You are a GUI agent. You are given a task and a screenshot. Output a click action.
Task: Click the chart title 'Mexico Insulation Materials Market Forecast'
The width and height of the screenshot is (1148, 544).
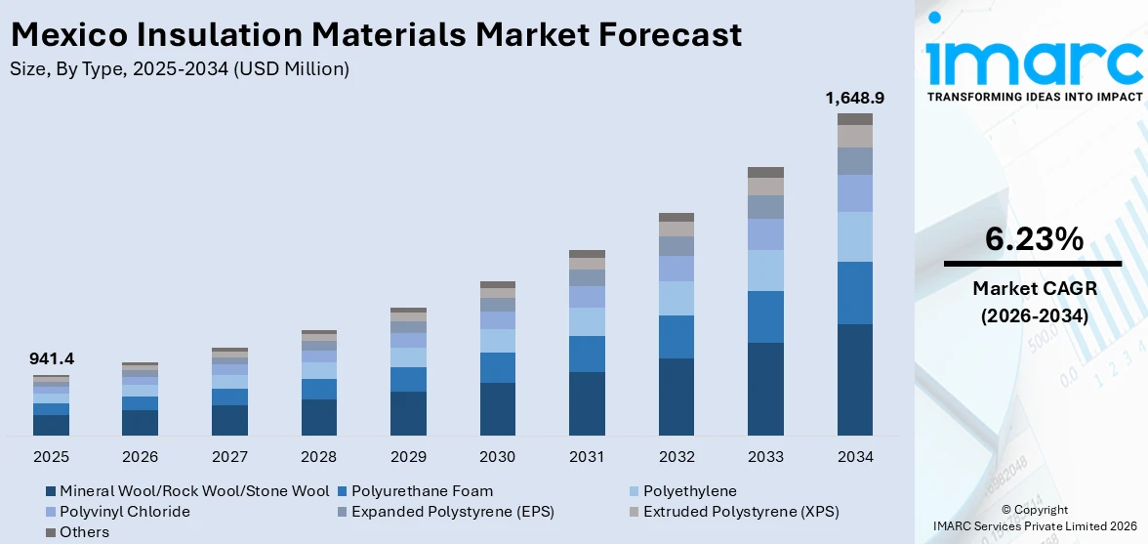(376, 34)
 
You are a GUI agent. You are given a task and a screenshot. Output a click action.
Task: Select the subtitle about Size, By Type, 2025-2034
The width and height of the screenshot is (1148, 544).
(179, 68)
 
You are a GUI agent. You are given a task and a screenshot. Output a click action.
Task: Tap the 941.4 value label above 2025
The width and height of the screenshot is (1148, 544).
(52, 359)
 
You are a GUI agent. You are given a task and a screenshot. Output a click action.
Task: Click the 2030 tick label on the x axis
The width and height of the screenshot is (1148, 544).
(498, 456)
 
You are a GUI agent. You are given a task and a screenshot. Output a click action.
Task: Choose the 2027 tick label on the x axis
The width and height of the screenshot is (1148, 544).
(229, 456)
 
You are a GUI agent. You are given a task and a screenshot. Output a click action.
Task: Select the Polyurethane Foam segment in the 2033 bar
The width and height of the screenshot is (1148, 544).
(765, 316)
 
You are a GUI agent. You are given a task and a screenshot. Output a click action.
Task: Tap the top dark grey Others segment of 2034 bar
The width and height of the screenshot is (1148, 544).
(855, 118)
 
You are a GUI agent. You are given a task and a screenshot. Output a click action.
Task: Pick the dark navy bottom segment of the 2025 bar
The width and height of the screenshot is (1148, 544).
(51, 425)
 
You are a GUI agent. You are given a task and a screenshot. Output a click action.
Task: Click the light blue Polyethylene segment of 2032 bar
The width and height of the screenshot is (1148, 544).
(676, 298)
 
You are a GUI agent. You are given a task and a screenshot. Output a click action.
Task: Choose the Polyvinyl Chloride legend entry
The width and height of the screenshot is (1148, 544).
(117, 512)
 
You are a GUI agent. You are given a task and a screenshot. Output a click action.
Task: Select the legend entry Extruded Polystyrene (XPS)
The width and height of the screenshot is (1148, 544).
(733, 512)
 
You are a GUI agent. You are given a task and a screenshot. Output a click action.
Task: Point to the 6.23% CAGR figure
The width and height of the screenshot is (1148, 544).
(1034, 239)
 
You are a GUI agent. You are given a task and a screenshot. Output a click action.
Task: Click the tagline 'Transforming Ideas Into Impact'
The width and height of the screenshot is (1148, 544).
(1034, 97)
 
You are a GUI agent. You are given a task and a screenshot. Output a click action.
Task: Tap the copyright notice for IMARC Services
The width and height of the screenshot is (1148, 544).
(1034, 519)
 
